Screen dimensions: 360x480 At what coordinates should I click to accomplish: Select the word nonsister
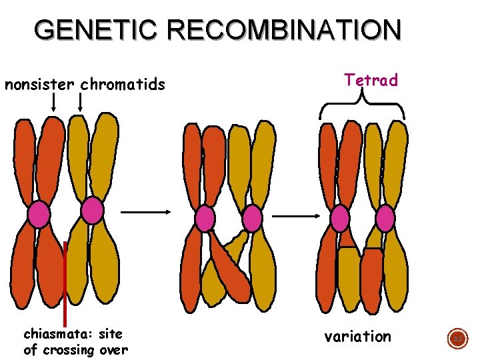(40, 85)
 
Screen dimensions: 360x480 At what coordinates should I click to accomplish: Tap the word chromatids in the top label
(123, 85)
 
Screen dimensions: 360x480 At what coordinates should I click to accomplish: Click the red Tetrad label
(371, 81)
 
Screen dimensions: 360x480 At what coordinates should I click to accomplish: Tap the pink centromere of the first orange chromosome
(39, 214)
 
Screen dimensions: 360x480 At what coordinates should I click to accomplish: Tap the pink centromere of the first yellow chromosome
(92, 211)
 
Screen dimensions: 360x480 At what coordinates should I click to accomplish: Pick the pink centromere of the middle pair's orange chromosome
(205, 218)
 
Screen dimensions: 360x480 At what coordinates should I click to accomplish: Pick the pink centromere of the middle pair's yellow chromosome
(252, 218)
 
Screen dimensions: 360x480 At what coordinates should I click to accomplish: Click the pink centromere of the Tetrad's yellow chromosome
(385, 218)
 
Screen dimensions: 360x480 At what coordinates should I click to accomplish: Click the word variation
(357, 337)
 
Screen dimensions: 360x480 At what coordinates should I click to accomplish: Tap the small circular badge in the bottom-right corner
(458, 339)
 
